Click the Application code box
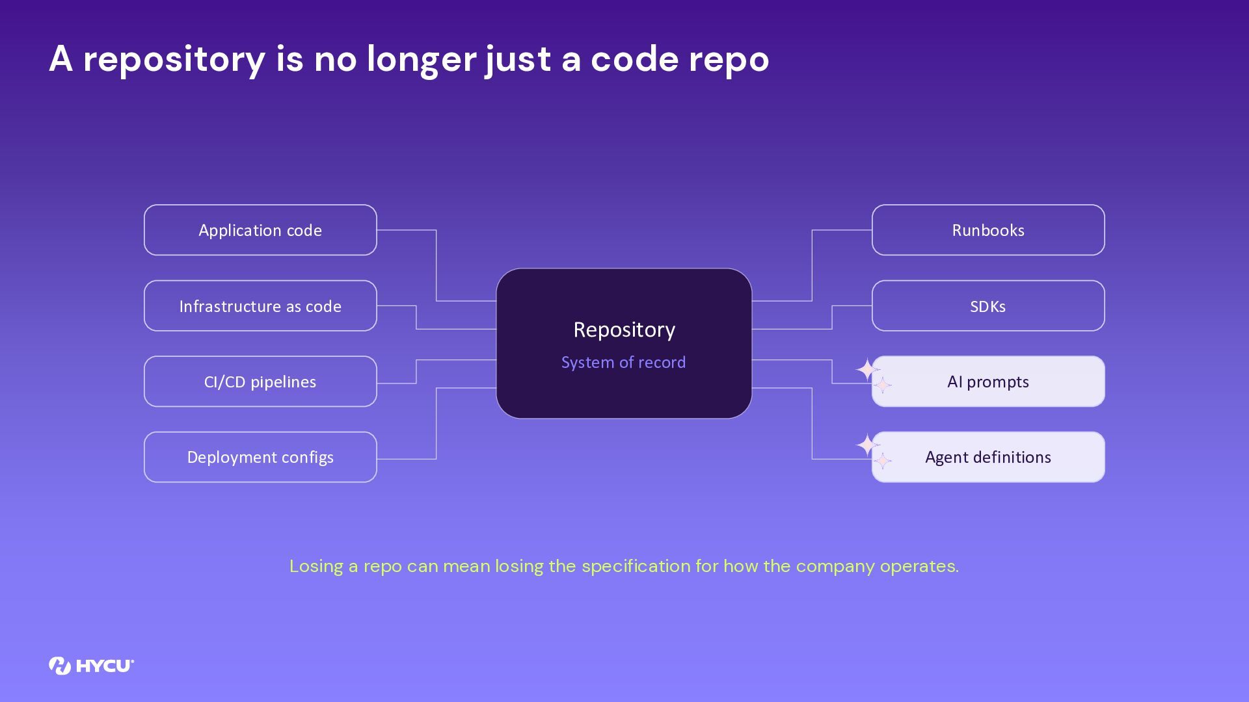(260, 230)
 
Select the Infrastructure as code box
(260, 305)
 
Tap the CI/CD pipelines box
(260, 382)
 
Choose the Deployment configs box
(260, 457)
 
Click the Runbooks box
(988, 230)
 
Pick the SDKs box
(988, 305)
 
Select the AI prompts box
(988, 382)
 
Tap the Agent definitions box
(988, 457)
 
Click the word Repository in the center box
(624, 330)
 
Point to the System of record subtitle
(623, 362)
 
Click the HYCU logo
(91, 666)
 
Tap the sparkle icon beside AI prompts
(872, 376)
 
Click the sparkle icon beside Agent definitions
(872, 451)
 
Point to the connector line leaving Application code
(436, 265)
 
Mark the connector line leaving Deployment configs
(436, 424)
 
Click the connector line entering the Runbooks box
(812, 265)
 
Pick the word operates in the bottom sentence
(919, 566)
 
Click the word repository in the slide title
(174, 60)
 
